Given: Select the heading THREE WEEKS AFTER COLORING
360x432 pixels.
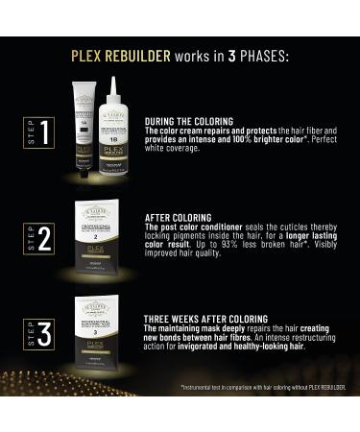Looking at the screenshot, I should (x=205, y=318).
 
